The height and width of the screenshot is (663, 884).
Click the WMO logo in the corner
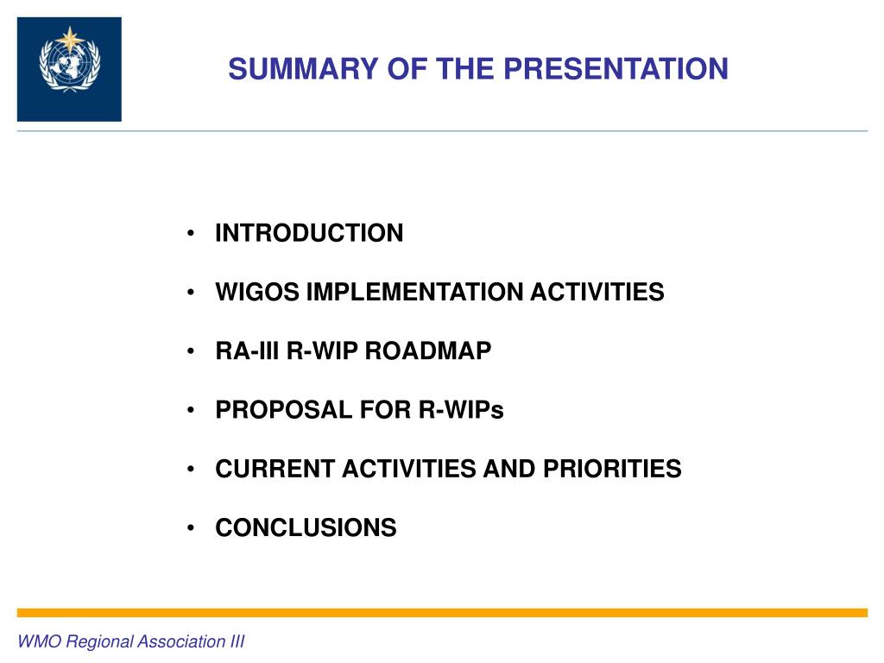tap(69, 69)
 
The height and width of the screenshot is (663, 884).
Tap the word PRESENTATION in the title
tap(616, 69)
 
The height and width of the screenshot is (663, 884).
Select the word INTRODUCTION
tap(310, 233)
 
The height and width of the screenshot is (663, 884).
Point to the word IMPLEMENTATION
tap(414, 292)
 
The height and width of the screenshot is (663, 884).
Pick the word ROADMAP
tap(428, 350)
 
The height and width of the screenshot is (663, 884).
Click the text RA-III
tap(247, 350)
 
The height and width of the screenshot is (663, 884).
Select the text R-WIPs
tap(461, 410)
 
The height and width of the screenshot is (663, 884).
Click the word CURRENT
tap(275, 469)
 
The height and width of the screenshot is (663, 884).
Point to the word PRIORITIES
tap(612, 469)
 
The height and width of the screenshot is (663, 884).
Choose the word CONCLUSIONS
tap(306, 527)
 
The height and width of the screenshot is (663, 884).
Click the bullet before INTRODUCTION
tap(191, 233)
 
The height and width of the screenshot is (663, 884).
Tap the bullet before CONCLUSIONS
tap(191, 527)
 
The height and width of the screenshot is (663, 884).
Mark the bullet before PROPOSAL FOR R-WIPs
tap(191, 410)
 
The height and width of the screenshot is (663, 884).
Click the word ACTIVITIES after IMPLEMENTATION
tap(597, 292)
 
